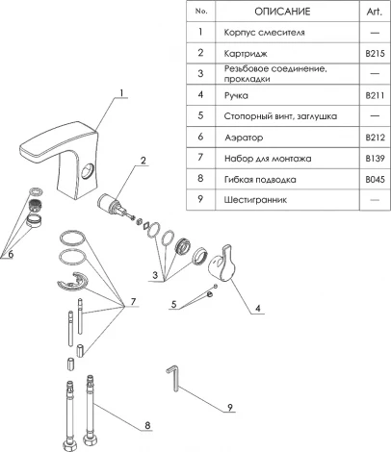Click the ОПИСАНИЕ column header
(x=282, y=12)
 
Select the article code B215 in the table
(x=375, y=53)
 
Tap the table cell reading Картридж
(x=246, y=54)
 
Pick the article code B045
(x=375, y=179)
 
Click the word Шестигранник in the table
(x=255, y=200)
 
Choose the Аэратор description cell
(x=244, y=138)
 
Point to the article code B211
(x=375, y=95)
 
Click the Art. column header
(x=375, y=12)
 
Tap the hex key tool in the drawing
(x=173, y=378)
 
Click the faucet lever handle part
(x=222, y=264)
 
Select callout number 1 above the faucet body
(x=121, y=93)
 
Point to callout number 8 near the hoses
(x=147, y=425)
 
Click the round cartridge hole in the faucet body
(x=88, y=170)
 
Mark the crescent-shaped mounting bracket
(x=72, y=282)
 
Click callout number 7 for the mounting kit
(x=133, y=301)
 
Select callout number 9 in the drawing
(x=230, y=407)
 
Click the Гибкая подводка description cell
(x=260, y=180)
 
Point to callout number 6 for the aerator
(x=11, y=254)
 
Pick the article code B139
(x=375, y=158)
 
